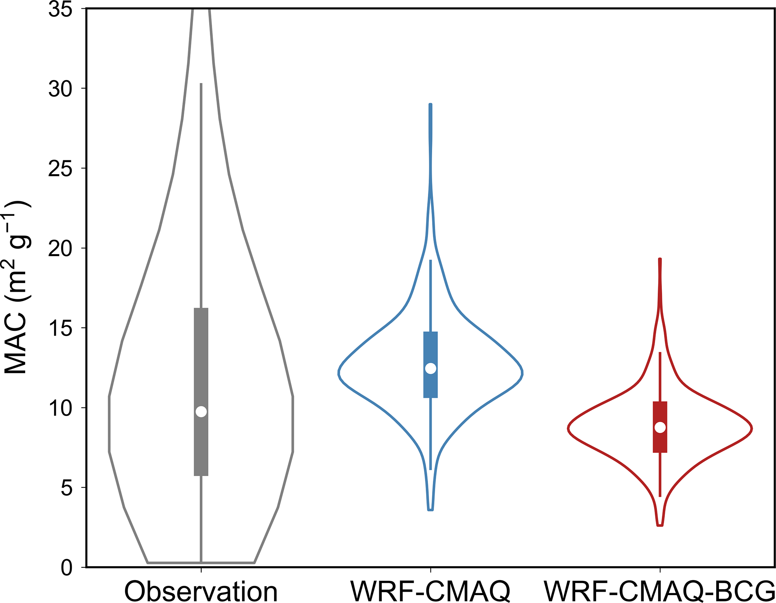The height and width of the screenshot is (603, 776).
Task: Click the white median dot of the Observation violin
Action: [201, 412]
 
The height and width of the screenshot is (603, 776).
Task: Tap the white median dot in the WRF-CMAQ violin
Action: [431, 368]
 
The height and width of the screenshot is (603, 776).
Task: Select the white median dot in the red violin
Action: [660, 427]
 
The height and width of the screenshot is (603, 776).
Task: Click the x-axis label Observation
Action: [201, 592]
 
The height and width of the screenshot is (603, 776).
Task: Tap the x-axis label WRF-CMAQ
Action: [431, 592]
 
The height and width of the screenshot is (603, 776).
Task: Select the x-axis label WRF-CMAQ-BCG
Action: [660, 592]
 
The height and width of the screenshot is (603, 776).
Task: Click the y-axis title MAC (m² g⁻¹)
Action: [17, 287]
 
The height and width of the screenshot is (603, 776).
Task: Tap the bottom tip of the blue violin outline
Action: [431, 510]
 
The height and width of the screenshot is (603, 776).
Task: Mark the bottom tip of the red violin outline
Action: [660, 525]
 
